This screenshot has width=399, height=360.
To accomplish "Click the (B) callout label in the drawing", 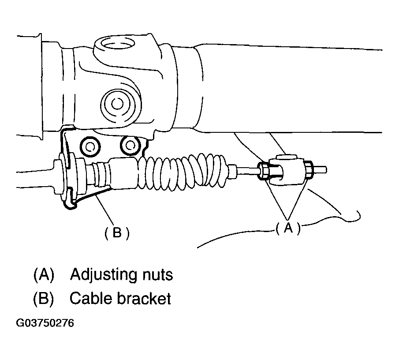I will (x=116, y=232).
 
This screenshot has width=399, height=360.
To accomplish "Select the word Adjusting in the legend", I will (x=104, y=275).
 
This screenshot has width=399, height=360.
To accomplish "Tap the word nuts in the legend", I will (x=157, y=275).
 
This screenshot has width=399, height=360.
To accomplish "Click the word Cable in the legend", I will (x=90, y=299).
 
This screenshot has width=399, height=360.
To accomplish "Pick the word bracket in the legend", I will (x=144, y=299).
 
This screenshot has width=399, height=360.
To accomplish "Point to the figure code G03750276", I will (x=45, y=323).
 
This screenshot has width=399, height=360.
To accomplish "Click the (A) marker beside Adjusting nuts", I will (x=43, y=275).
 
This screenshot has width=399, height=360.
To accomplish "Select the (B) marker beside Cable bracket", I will (x=43, y=299).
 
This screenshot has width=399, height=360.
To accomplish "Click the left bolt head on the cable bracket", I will (x=90, y=146).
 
